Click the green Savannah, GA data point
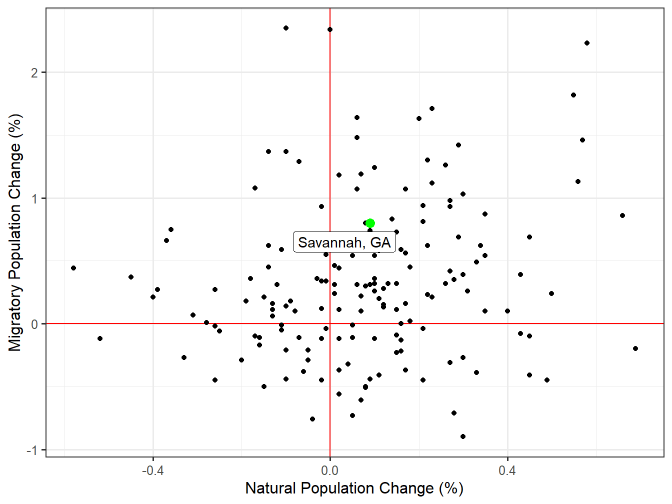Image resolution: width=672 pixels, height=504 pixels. [370, 223]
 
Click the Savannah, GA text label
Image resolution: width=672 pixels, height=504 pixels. [344, 242]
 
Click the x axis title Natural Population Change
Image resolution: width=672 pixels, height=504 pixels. [354, 488]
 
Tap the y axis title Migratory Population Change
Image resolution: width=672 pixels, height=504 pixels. [15, 232]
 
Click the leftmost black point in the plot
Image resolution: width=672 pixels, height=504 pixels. [73, 268]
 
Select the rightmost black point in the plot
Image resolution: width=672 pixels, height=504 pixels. [635, 348]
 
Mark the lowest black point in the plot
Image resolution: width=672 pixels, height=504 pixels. [463, 436]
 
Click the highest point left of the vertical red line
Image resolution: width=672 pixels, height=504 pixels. [286, 28]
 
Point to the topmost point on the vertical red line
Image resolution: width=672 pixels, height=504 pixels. [330, 29]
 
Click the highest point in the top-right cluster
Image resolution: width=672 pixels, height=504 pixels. [587, 43]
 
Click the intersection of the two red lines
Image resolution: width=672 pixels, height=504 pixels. [330, 324]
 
